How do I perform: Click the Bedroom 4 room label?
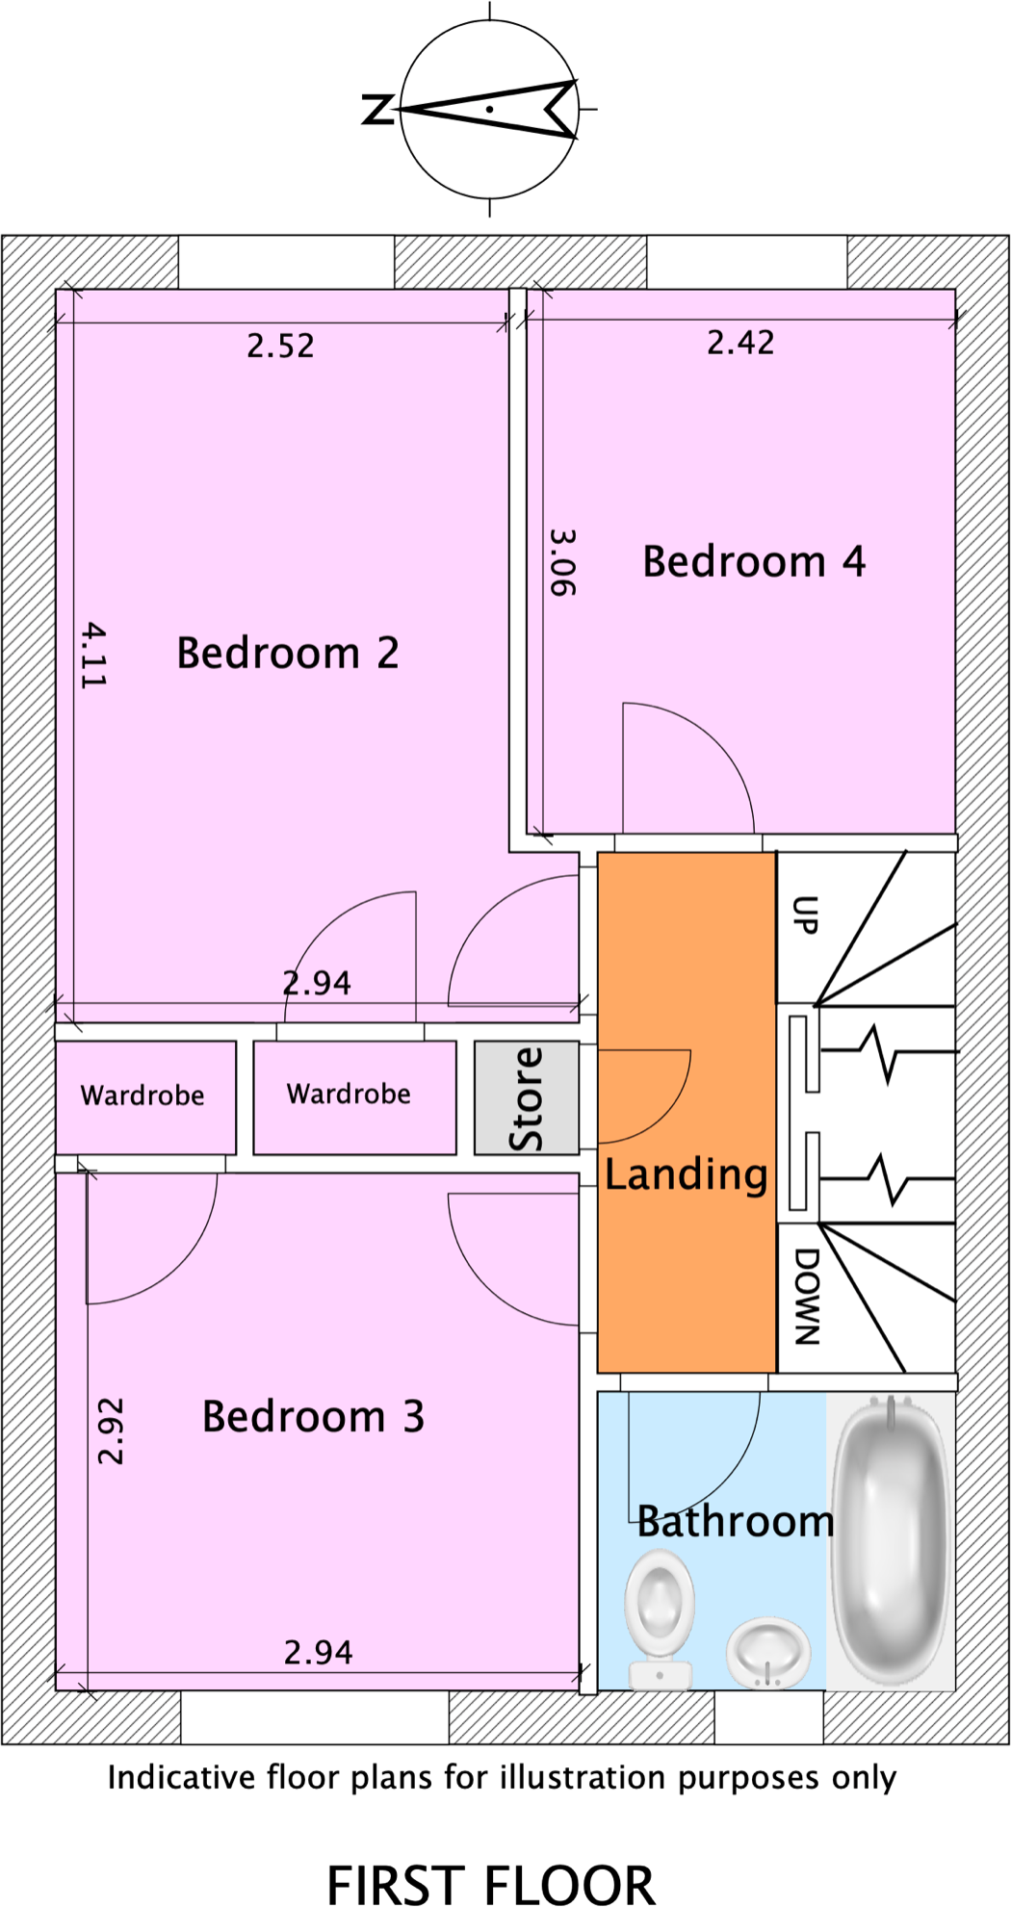point(753,561)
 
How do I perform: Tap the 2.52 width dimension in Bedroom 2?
point(280,346)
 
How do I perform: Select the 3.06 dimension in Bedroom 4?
point(562,562)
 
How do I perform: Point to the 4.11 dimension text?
point(93,655)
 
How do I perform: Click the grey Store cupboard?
point(526,1097)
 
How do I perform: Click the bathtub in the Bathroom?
point(891,1540)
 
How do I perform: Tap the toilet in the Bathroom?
point(660,1613)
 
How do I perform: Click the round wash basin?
point(767,1650)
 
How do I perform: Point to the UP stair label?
point(805,915)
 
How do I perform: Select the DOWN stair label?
point(807,1296)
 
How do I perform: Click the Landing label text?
point(686,1174)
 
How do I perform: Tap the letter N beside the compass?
point(377,110)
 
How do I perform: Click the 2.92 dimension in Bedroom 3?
point(111,1431)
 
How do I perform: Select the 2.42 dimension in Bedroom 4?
point(740,343)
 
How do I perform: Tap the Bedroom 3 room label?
point(313,1416)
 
